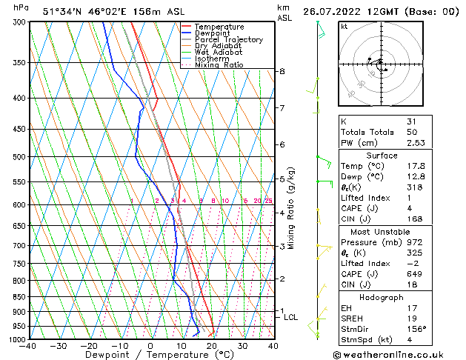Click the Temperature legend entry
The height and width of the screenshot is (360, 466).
click(x=219, y=27)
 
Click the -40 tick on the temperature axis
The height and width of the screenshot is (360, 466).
click(x=28, y=346)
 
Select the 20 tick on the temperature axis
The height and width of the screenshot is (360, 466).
click(x=212, y=346)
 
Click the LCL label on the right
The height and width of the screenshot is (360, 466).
click(x=291, y=317)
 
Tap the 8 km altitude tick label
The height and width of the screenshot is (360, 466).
click(x=282, y=71)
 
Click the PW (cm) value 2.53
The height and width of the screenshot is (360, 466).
click(x=416, y=143)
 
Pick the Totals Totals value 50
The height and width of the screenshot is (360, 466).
click(x=412, y=132)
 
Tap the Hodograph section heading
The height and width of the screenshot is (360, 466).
click(x=382, y=297)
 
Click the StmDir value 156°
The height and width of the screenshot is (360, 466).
click(x=416, y=329)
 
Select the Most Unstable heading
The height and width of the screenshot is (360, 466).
click(x=382, y=231)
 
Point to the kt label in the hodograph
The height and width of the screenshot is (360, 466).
click(x=344, y=27)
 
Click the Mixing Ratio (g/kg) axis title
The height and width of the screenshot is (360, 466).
click(x=291, y=208)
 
